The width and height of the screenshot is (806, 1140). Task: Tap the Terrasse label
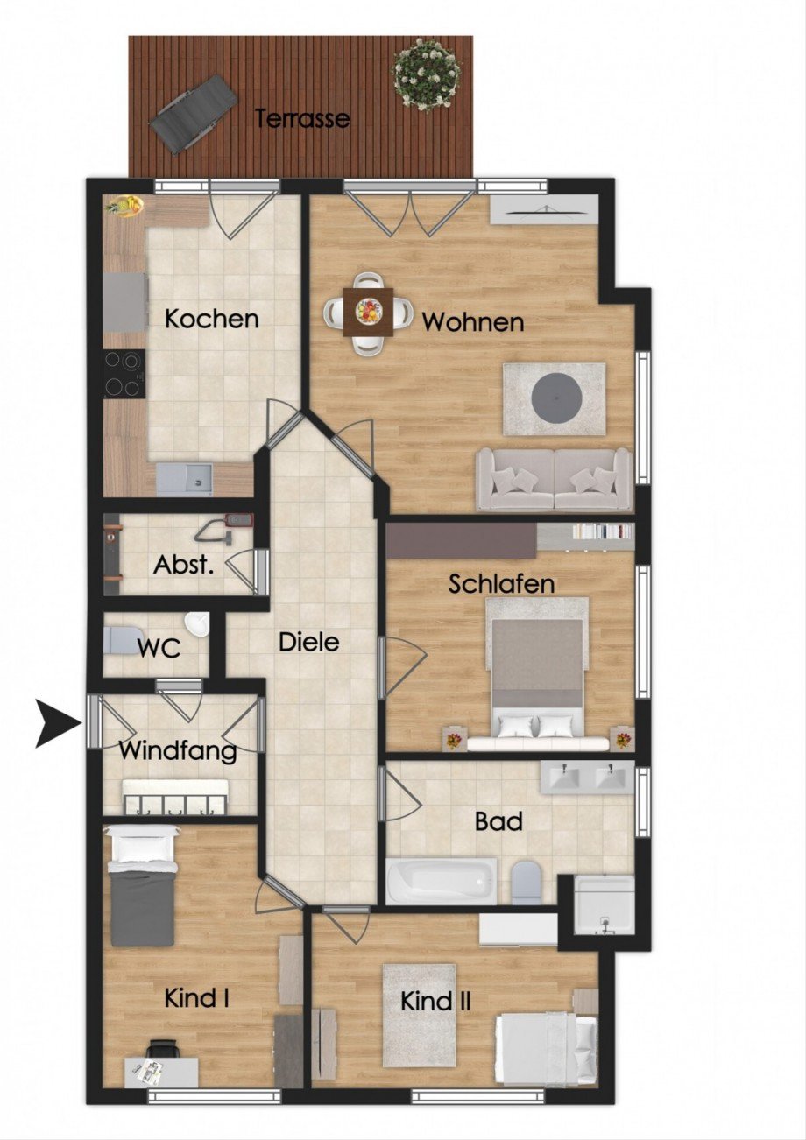[x=302, y=118]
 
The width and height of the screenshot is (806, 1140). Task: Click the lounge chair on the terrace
[x=193, y=112]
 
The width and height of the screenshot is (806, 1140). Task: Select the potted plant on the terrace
[x=426, y=74]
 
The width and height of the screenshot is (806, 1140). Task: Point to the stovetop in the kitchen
[x=124, y=374]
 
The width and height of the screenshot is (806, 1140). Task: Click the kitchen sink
[x=184, y=479]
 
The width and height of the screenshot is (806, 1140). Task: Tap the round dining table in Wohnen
[x=368, y=312]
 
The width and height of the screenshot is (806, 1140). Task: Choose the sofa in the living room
[x=554, y=479]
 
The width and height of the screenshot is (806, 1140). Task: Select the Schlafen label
[x=502, y=584]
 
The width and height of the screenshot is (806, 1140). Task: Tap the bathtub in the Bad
[x=442, y=881]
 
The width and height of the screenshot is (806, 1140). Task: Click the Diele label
[x=308, y=642]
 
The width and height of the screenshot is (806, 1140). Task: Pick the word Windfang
[x=178, y=751]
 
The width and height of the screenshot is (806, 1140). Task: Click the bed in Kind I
[x=142, y=887]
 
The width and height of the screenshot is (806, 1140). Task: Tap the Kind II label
[x=435, y=1001]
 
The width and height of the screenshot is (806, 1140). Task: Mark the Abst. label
[x=184, y=564]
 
